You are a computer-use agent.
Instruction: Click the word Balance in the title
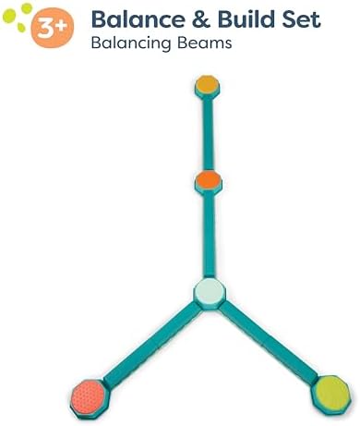(138, 19)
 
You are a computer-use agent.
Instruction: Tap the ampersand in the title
(201, 19)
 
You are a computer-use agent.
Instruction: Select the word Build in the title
(247, 19)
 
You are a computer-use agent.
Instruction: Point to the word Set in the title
(302, 19)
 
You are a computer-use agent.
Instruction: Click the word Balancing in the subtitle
(131, 43)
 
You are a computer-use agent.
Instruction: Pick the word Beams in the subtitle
(205, 43)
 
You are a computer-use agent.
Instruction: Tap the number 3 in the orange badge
(47, 29)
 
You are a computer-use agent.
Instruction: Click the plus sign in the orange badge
(62, 25)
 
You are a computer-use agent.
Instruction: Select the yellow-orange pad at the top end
(208, 85)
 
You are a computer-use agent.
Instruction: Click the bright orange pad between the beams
(209, 181)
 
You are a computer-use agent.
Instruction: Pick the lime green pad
(331, 394)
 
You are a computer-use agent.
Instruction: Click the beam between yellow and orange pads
(208, 133)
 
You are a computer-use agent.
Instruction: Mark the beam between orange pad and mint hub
(210, 235)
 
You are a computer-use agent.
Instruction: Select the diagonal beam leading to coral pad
(150, 345)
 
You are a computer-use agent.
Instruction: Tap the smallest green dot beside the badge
(21, 28)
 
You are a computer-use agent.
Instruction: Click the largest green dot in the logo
(8, 16)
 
